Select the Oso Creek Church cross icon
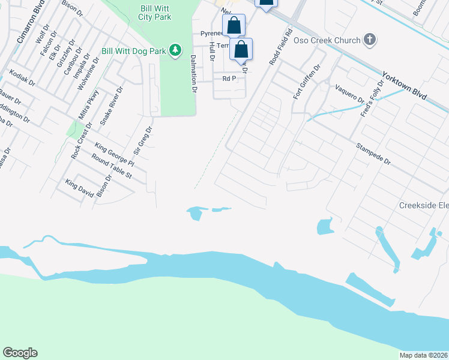point(370,41)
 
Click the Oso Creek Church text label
point(327,41)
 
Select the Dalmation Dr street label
point(193,74)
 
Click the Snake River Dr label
point(111,106)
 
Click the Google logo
point(20,353)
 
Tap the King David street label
point(80,187)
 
